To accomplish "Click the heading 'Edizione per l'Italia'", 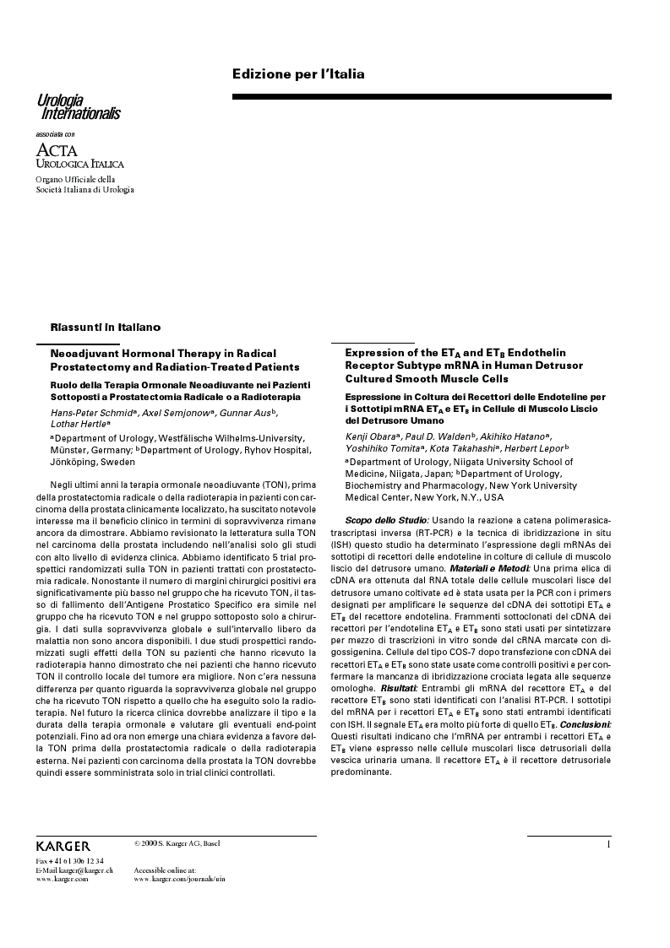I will click(x=298, y=74).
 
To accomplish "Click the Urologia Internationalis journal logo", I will click(x=79, y=107).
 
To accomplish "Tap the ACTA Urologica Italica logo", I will click(x=79, y=155).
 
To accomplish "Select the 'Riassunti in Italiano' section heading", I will click(x=106, y=326).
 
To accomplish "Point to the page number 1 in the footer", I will click(x=608, y=844).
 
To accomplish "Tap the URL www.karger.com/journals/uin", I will click(x=179, y=879).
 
